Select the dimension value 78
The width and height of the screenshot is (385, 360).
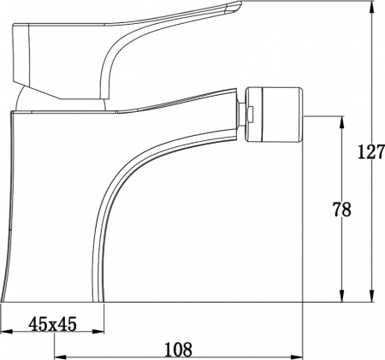[x=341, y=210]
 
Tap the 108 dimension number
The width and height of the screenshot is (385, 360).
[x=177, y=348]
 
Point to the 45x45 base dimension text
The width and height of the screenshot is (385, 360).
[x=54, y=324]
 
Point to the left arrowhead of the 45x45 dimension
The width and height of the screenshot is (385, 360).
[x=5, y=333]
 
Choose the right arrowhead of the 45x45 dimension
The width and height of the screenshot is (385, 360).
[x=99, y=333]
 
